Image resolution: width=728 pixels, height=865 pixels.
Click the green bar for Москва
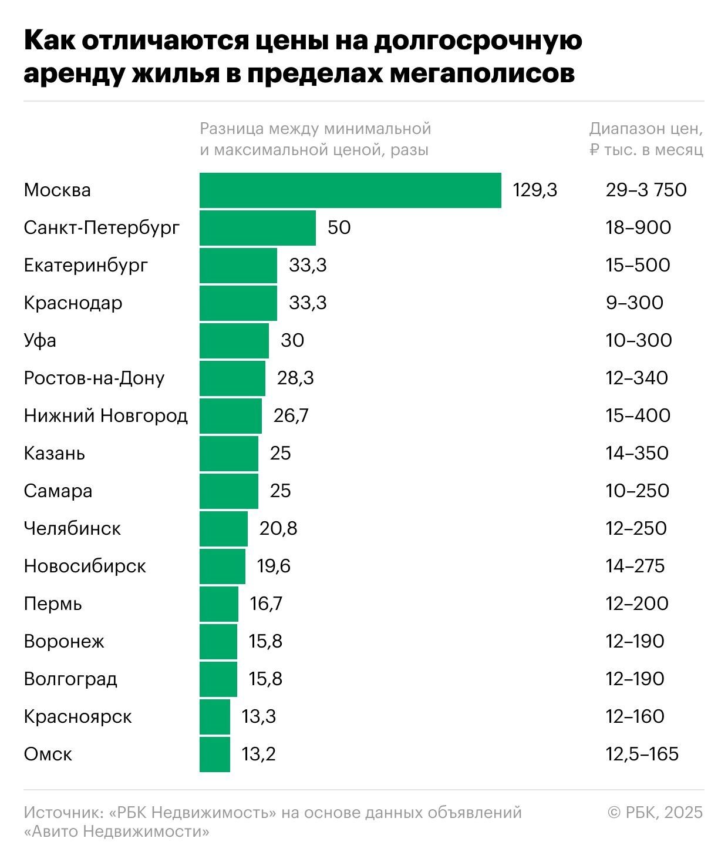click(x=350, y=190)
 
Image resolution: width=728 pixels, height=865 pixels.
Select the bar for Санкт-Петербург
click(x=258, y=228)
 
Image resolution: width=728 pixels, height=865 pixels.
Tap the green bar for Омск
click(x=215, y=754)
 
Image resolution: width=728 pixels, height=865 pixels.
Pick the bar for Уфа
click(x=234, y=341)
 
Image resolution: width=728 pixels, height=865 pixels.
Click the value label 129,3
click(x=535, y=190)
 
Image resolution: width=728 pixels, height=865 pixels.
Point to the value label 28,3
click(x=295, y=378)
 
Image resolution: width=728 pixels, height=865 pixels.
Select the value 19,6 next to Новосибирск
click(x=274, y=566)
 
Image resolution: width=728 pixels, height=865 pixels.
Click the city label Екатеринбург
click(x=86, y=266)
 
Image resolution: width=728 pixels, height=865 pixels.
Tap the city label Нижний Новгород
click(x=106, y=416)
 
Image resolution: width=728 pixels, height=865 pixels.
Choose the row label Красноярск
click(x=77, y=717)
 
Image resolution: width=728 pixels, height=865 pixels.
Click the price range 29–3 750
click(x=646, y=190)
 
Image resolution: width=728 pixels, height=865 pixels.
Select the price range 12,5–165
click(x=642, y=754)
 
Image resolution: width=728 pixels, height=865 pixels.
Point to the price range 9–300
click(x=634, y=303)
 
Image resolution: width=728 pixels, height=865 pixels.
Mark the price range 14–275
click(x=635, y=566)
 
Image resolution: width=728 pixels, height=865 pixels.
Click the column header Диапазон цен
click(x=646, y=129)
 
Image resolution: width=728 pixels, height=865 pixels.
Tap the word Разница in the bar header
click(x=231, y=129)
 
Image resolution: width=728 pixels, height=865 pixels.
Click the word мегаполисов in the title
click(x=482, y=74)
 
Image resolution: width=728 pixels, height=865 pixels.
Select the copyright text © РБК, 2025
click(x=655, y=813)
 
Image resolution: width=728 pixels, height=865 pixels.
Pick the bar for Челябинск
click(x=224, y=529)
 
